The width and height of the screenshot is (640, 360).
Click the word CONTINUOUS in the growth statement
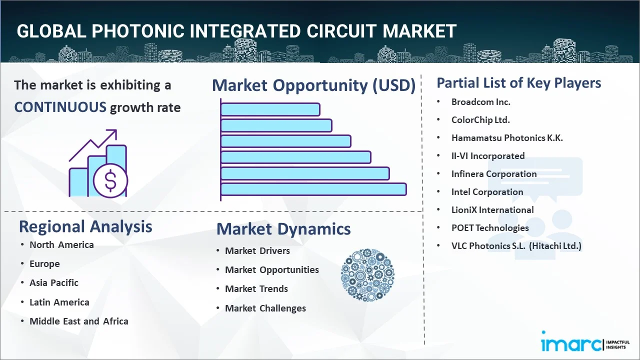point(60,107)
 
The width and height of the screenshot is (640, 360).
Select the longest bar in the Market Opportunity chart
point(313,189)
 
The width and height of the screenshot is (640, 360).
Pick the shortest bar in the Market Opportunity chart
point(270,109)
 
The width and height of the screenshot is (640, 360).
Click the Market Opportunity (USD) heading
point(313,85)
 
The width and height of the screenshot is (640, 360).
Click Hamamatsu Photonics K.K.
point(507,138)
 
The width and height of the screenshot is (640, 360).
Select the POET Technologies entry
point(489,228)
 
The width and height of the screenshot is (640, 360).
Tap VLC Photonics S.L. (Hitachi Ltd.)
point(516,246)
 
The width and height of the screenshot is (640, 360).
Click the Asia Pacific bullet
point(54,283)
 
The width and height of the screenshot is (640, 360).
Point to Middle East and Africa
point(78,321)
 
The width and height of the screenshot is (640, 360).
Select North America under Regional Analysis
point(61,245)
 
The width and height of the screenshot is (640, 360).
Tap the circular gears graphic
point(367,275)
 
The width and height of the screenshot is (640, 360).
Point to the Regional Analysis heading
point(85,226)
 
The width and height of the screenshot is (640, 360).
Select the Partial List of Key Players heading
point(518,83)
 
